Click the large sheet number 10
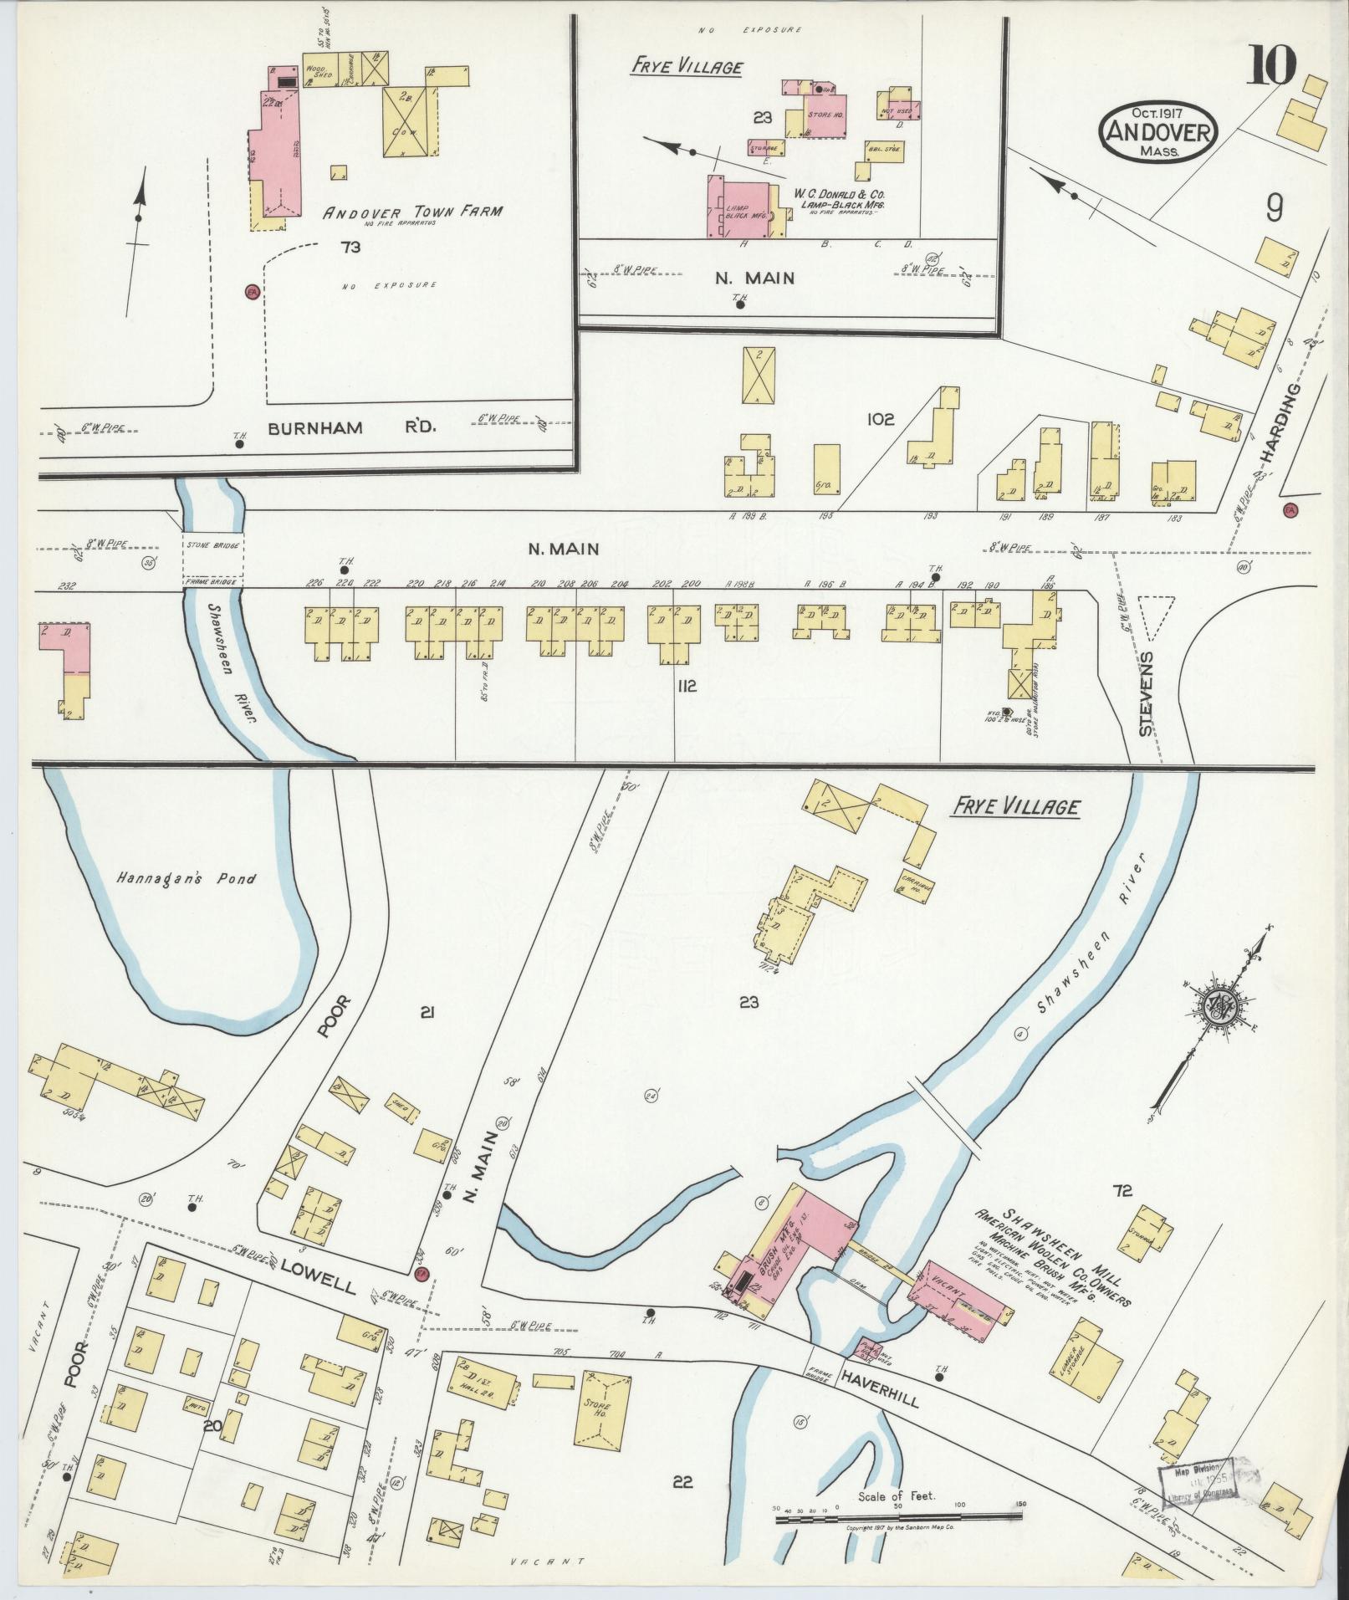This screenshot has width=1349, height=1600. click(x=1273, y=64)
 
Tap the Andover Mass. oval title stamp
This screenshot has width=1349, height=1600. click(x=1158, y=131)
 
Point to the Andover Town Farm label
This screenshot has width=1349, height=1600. click(x=413, y=212)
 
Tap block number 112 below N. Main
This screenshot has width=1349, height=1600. click(x=687, y=687)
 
